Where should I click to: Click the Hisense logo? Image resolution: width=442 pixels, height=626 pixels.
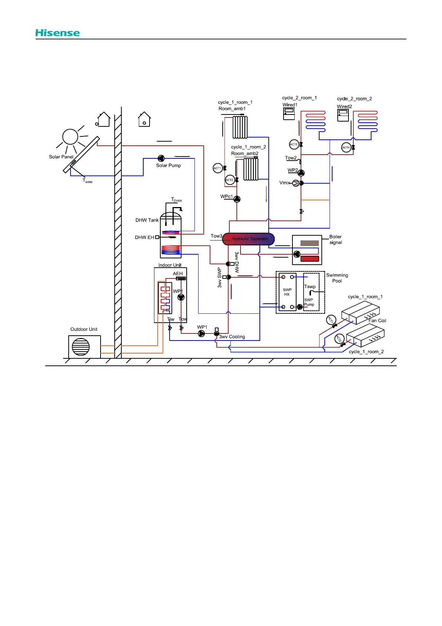pos(58,33)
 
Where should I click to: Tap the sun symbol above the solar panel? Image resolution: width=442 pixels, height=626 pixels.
pos(70,137)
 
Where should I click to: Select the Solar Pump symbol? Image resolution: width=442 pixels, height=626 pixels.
pos(161,158)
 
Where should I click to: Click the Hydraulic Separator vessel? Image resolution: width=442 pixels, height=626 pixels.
pos(248,239)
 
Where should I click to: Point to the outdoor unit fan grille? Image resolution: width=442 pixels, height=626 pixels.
pos(81,347)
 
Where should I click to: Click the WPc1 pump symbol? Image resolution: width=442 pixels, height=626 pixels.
pos(237,199)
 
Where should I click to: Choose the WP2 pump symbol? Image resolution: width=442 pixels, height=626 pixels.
pos(301,173)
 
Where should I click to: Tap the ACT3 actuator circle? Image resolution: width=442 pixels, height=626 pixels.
pos(294,144)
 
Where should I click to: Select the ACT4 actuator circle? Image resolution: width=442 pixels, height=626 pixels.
pos(346,148)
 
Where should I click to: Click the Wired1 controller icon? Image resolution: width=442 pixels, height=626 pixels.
pos(289,114)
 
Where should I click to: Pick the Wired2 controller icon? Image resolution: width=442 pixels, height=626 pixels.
pos(343,115)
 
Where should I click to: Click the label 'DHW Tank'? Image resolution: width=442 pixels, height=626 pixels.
pos(147,220)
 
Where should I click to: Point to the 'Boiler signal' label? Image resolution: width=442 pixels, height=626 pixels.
pos(335,239)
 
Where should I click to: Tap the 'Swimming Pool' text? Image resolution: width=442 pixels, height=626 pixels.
pos(337,278)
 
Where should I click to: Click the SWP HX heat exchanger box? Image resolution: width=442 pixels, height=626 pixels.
pos(287,292)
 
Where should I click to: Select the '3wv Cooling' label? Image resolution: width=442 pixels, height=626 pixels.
pos(232,337)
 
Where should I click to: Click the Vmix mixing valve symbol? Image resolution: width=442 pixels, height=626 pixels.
pos(296,183)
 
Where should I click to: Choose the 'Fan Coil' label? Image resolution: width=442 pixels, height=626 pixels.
pos(377,320)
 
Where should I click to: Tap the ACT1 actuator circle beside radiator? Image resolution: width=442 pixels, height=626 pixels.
pos(217,168)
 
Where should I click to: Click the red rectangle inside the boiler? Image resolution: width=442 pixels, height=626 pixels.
pos(310,259)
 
